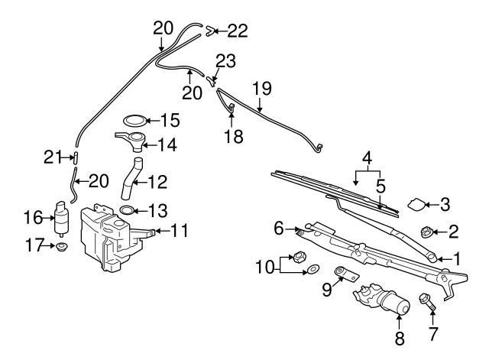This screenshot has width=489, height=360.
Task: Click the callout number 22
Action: click(x=238, y=31)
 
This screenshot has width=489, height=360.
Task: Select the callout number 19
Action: click(x=262, y=88)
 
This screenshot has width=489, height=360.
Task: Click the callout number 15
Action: click(x=169, y=120)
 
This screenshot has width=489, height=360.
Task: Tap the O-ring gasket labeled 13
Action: click(x=127, y=209)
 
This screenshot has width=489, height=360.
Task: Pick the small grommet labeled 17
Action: click(x=60, y=247)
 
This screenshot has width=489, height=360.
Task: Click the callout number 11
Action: click(x=180, y=229)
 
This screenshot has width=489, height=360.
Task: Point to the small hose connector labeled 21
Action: click(x=76, y=157)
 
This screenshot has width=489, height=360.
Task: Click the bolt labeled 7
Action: click(x=426, y=303)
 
